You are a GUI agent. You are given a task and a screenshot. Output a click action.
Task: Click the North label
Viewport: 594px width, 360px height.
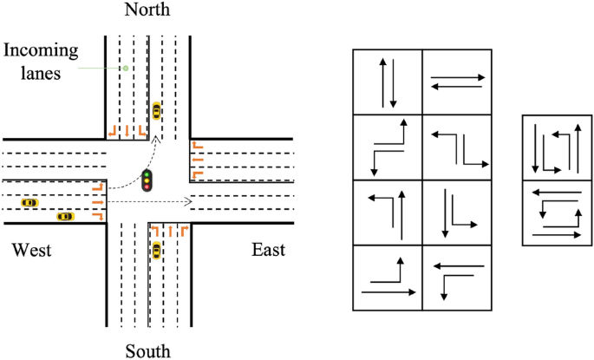pyautogui.click(x=147, y=10)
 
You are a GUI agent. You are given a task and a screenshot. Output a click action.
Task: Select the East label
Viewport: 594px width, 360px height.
pyautogui.click(x=269, y=251)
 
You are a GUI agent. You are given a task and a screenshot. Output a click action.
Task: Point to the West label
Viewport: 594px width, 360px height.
pyautogui.click(x=31, y=251)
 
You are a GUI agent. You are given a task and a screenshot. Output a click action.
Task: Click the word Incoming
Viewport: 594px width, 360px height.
pyautogui.click(x=40, y=51)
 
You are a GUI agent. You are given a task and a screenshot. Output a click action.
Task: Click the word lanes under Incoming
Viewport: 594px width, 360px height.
pyautogui.click(x=40, y=75)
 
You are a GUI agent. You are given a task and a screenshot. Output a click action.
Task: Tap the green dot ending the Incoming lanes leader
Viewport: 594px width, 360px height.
pyautogui.click(x=126, y=67)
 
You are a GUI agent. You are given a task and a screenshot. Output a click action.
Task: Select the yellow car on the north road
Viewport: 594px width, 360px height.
pyautogui.click(x=156, y=110)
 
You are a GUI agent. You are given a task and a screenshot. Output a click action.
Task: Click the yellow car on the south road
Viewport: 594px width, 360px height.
pyautogui.click(x=156, y=252)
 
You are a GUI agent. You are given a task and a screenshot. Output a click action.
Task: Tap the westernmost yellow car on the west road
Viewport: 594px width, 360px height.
pyautogui.click(x=29, y=202)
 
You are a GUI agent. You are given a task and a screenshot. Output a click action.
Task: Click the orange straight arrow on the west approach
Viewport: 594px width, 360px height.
pyautogui.click(x=96, y=201)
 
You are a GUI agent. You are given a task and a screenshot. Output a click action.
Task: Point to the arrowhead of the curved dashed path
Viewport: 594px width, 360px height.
pyautogui.click(x=155, y=138)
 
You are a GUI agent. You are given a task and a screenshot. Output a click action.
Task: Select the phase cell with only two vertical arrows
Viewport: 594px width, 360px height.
pyautogui.click(x=388, y=82)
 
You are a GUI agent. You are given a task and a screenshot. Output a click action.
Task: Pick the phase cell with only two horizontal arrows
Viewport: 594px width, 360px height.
pyautogui.click(x=458, y=82)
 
